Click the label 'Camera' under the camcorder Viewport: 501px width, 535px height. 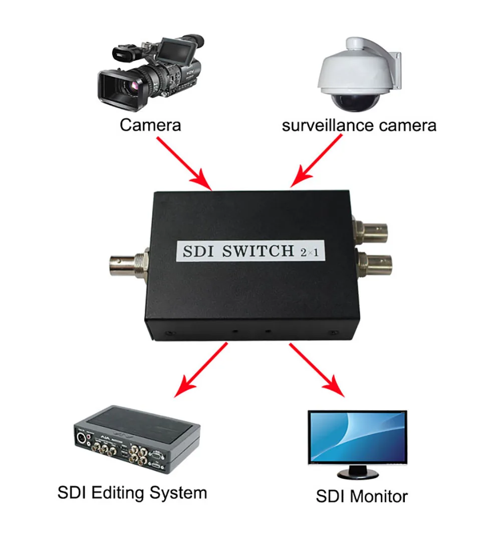[x=150, y=125]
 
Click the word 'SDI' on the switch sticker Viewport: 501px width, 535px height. [x=198, y=251]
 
